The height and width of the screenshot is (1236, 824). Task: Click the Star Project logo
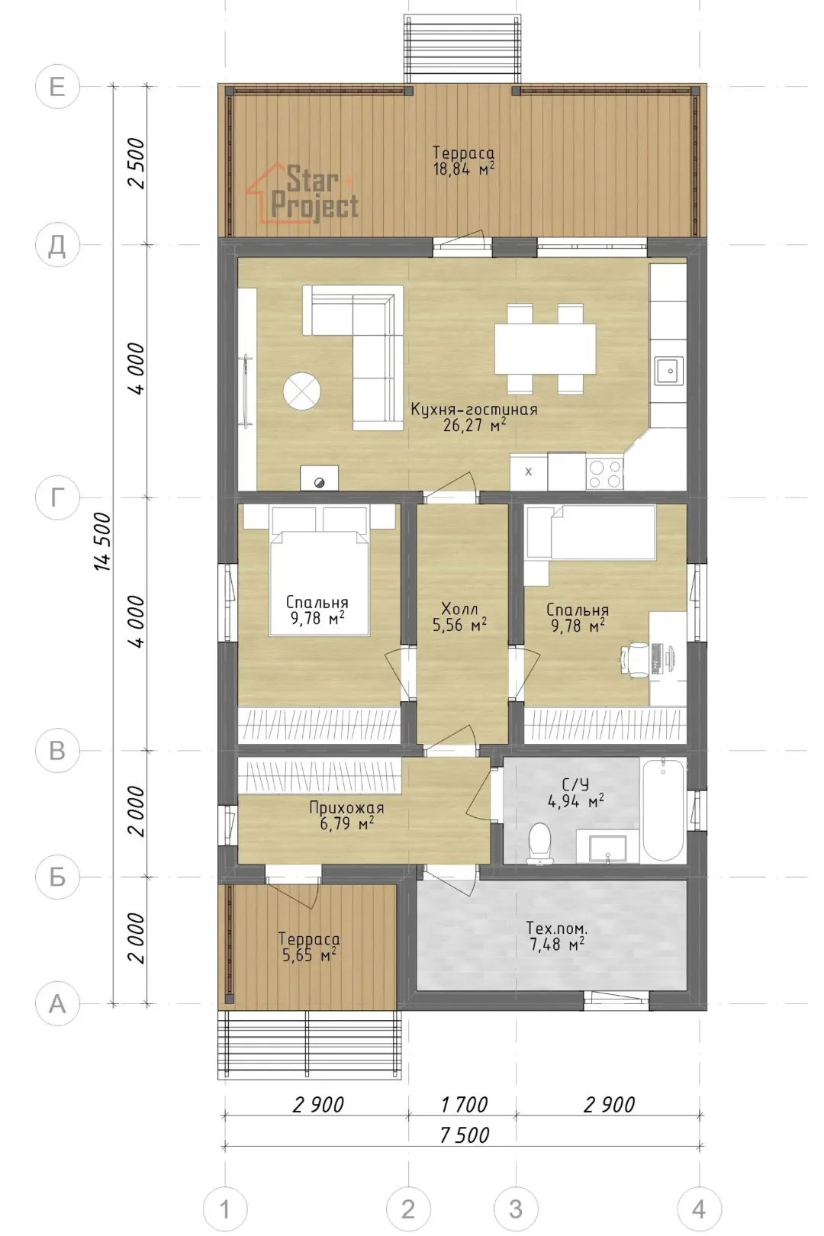[x=302, y=192]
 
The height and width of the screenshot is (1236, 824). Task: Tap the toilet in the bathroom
[x=538, y=843]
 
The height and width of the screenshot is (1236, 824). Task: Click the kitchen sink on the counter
[x=669, y=371]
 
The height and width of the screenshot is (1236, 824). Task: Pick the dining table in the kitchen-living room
[x=544, y=349]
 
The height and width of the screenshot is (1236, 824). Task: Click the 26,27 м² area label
[x=474, y=426]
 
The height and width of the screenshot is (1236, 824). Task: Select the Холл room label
[x=460, y=609]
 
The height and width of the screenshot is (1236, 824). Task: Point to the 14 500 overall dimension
[x=104, y=542]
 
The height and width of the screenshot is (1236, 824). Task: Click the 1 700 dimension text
[x=464, y=1104]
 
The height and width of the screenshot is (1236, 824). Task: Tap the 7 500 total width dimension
[x=465, y=1135]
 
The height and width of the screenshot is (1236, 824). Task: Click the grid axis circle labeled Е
[x=57, y=87]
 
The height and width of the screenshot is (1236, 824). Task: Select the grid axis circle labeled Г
[x=57, y=497]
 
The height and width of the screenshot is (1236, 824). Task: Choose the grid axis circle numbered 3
[x=516, y=1209]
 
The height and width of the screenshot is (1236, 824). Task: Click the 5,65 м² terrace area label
[x=309, y=955]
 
